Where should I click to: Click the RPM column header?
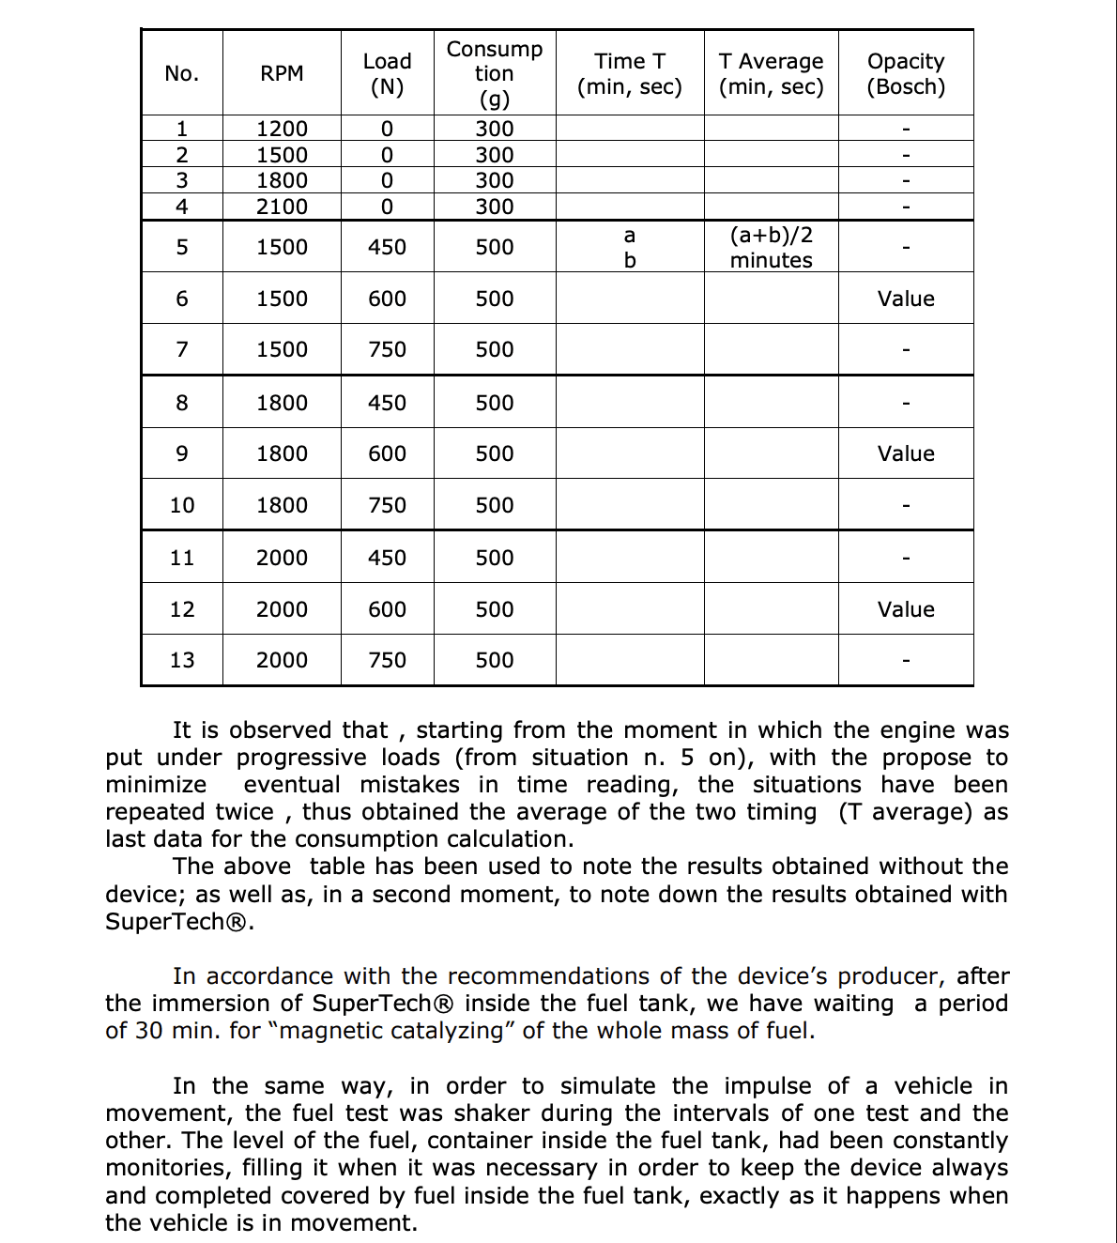coord(282,73)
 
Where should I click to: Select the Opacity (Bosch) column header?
coord(906,73)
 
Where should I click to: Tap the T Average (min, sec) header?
coord(771,73)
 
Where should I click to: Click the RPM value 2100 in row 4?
coord(282,207)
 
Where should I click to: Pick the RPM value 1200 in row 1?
coord(282,129)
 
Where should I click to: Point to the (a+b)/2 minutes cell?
coord(771,247)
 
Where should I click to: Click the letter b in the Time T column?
coord(630,260)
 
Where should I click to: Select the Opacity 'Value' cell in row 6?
coord(906,299)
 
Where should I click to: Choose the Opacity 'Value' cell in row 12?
coord(906,609)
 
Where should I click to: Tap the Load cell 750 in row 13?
coord(387,660)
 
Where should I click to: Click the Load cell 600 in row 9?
coord(387,453)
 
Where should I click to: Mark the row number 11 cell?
coord(182,558)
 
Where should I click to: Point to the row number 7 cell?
coord(182,349)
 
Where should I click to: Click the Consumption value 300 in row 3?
coord(494,180)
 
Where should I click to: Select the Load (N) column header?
coord(387,73)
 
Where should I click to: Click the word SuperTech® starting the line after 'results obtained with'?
coord(176,921)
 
